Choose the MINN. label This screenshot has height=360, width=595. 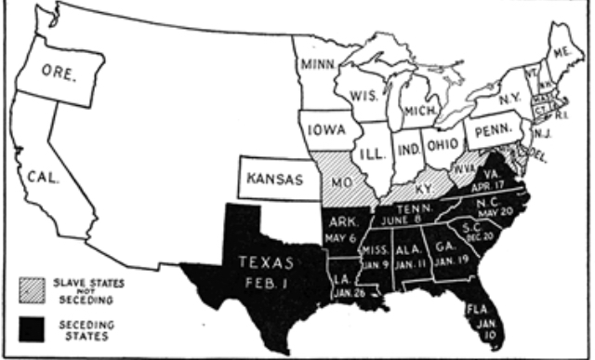[322, 65]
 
